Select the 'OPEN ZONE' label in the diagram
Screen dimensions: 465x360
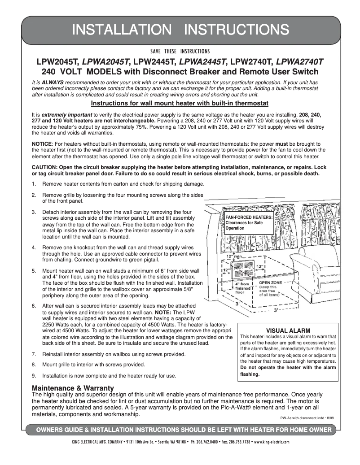pyautogui.click(x=270, y=282)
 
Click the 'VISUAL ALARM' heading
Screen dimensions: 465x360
pyautogui.click(x=288, y=330)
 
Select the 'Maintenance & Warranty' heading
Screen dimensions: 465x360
pyautogui.click(x=73, y=387)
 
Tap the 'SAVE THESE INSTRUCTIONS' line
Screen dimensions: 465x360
pyautogui.click(x=180, y=51)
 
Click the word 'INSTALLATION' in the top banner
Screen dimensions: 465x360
pyautogui.click(x=122, y=29)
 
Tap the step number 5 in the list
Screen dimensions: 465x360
pyautogui.click(x=34, y=271)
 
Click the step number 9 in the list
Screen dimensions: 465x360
pyautogui.click(x=34, y=375)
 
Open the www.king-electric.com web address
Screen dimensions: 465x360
pyautogui.click(x=272, y=441)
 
